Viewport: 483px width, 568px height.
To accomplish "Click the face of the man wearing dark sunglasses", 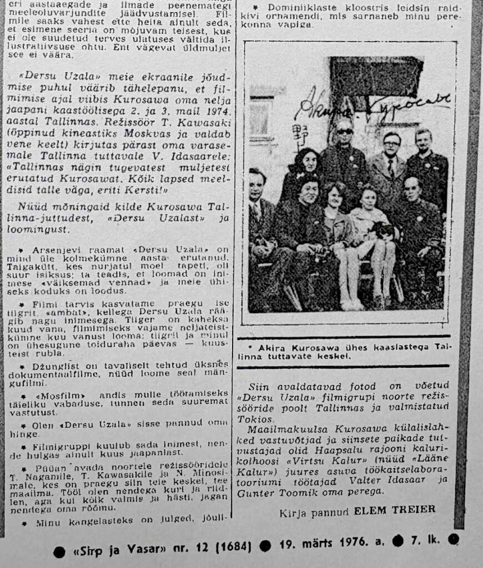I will tap(344, 133).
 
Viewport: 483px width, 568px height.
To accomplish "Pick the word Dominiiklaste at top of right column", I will tap(295, 8).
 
